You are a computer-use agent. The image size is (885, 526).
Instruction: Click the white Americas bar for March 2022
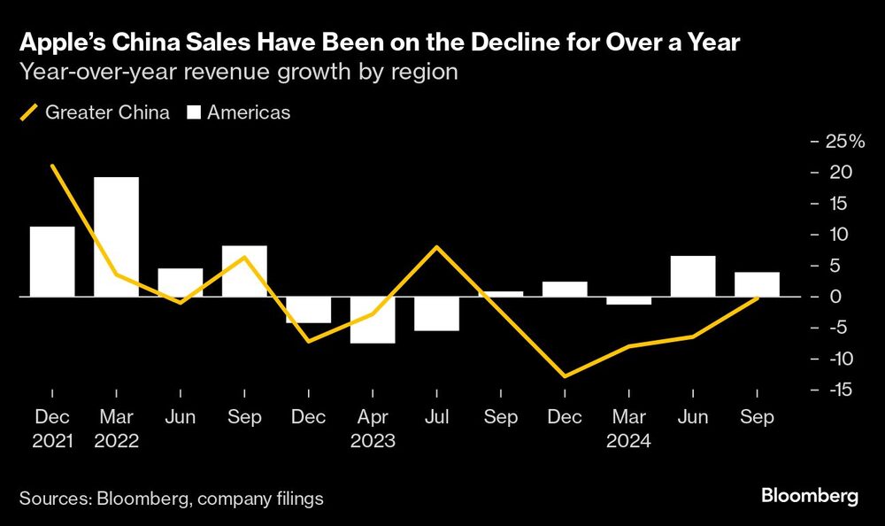coord(117,236)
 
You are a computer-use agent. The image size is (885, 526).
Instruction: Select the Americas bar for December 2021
coord(52,261)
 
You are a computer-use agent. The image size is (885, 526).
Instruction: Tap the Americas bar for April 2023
coord(373,320)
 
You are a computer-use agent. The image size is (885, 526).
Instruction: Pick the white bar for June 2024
coord(693,276)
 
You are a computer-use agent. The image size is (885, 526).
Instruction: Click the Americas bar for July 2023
coord(437,313)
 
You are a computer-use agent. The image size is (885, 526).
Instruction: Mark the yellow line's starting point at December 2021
coord(53,166)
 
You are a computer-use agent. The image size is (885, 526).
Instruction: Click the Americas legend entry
coord(238,113)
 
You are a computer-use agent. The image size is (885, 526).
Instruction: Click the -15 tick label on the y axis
coord(836,390)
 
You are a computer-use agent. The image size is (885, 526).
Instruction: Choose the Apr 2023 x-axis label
coord(373,429)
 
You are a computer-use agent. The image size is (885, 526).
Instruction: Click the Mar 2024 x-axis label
coord(629,429)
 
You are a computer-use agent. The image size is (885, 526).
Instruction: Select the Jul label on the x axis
coord(437,418)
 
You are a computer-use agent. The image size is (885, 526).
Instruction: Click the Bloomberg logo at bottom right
coord(810,497)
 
